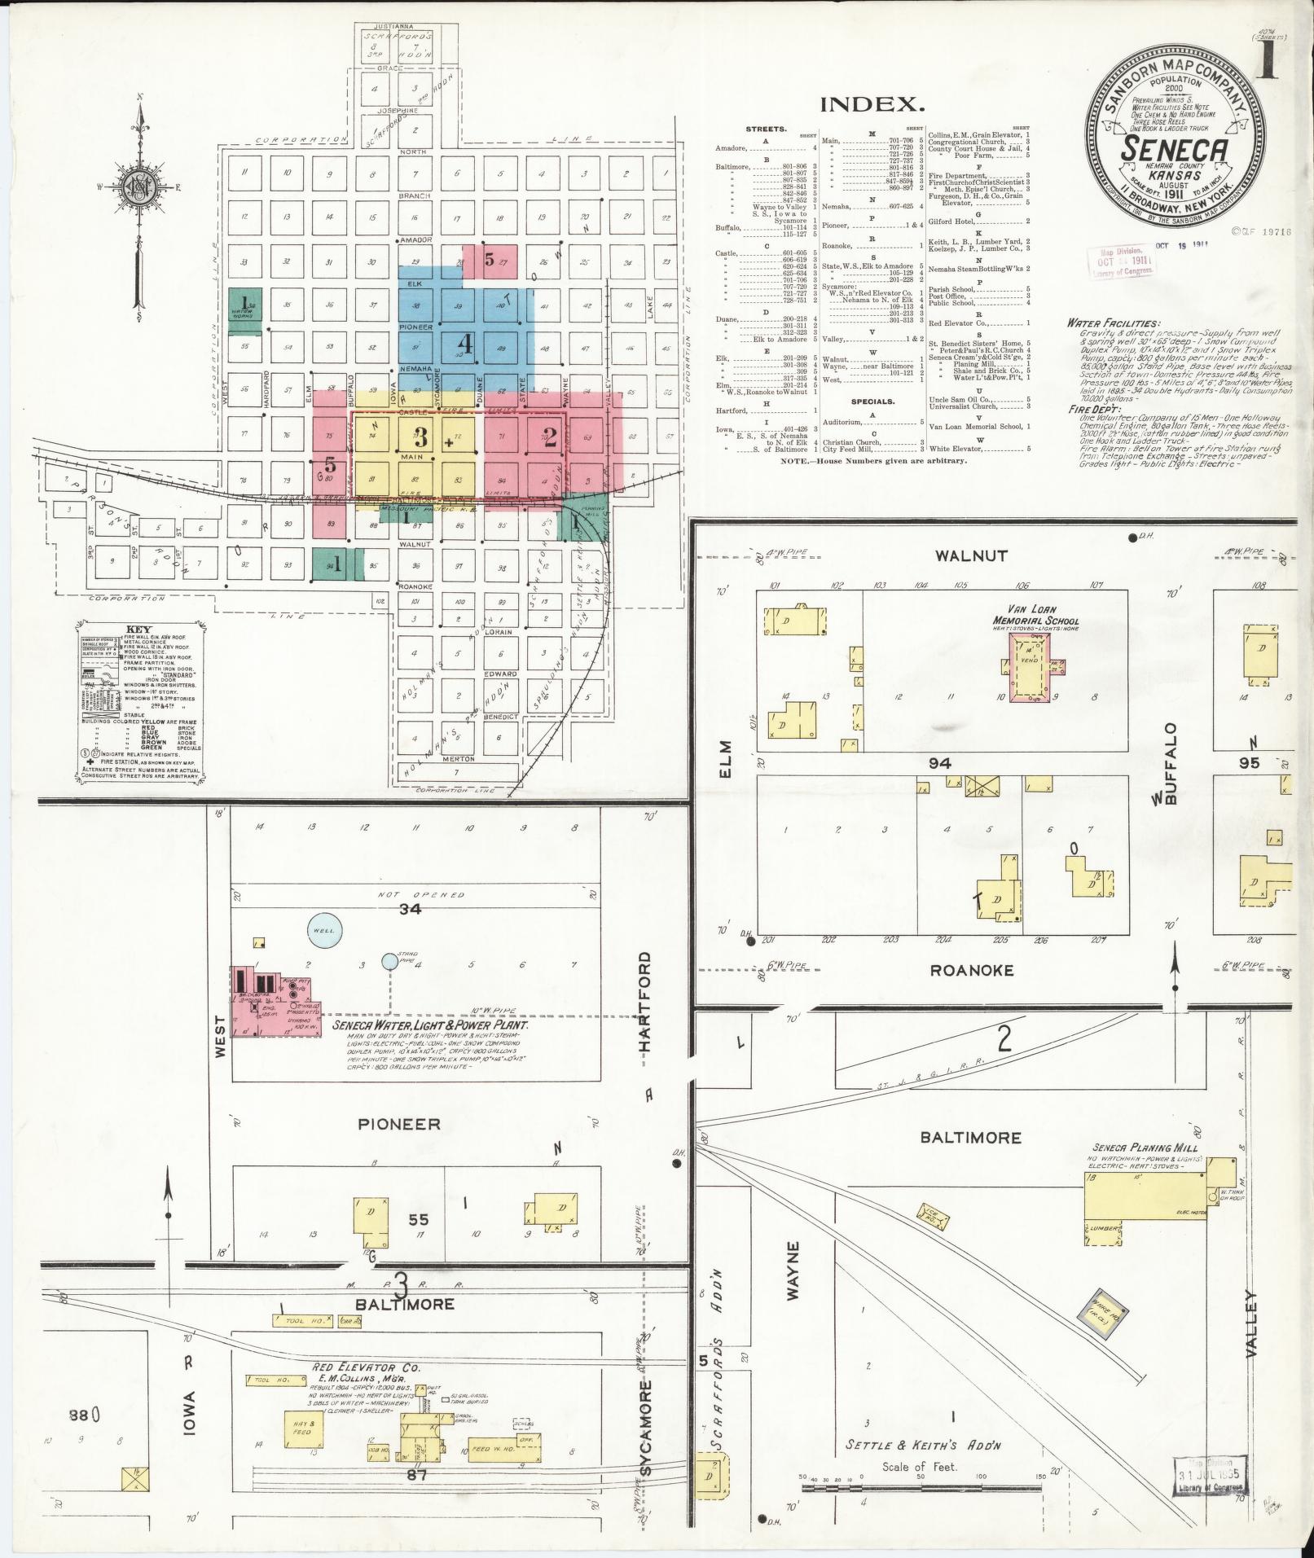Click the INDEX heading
point(872,104)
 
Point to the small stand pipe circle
point(390,963)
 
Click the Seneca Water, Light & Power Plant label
point(429,1026)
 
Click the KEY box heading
point(140,630)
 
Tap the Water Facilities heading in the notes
point(1114,323)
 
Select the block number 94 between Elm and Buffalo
point(938,763)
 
